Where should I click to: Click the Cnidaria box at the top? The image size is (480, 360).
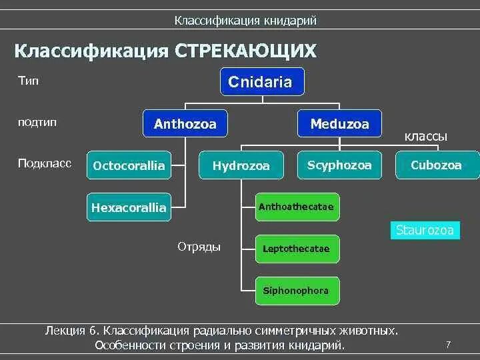260,82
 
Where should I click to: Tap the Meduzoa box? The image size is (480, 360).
339,124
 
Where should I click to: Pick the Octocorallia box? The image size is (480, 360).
129,165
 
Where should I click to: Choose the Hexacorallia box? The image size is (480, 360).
129,207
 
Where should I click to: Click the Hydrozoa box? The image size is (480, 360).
241,165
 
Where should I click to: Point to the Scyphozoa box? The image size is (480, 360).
339,165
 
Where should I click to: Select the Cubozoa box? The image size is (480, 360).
437,165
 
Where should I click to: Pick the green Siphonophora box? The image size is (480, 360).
296,291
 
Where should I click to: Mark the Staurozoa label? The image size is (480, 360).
425,231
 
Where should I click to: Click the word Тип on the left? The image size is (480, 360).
29,81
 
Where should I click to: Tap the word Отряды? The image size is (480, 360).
199,247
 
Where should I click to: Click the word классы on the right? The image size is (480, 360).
426,137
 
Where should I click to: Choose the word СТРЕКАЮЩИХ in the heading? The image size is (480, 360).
245,51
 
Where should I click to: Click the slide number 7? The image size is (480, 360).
449,344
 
